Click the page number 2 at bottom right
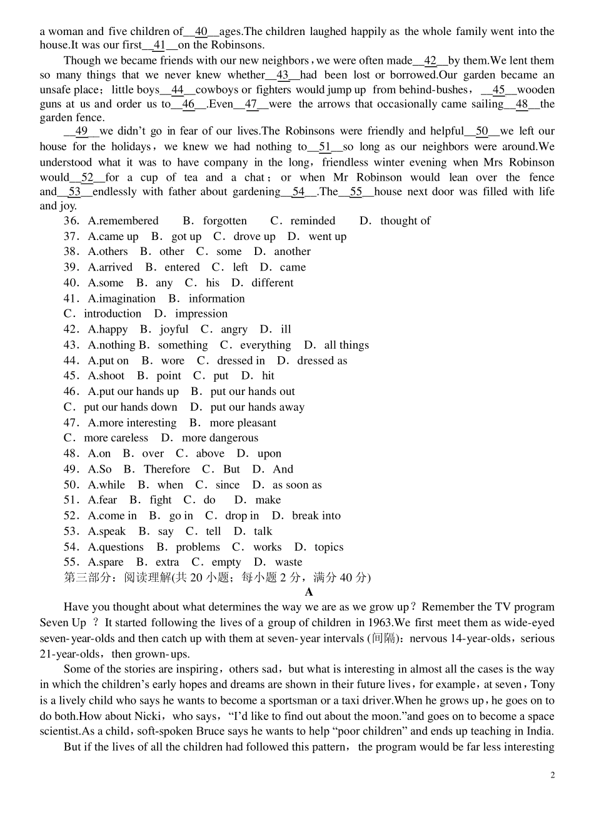point(552,775)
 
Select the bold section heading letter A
point(309,592)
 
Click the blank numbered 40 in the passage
point(201,31)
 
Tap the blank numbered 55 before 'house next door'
point(356,192)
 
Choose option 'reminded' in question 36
point(312,221)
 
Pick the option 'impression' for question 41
point(201,314)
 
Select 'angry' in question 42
point(234,329)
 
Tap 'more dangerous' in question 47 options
point(219,438)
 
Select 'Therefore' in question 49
point(166,469)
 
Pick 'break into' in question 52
point(316,516)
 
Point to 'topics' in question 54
point(329,547)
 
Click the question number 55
point(71,562)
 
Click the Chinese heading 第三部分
point(88,577)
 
